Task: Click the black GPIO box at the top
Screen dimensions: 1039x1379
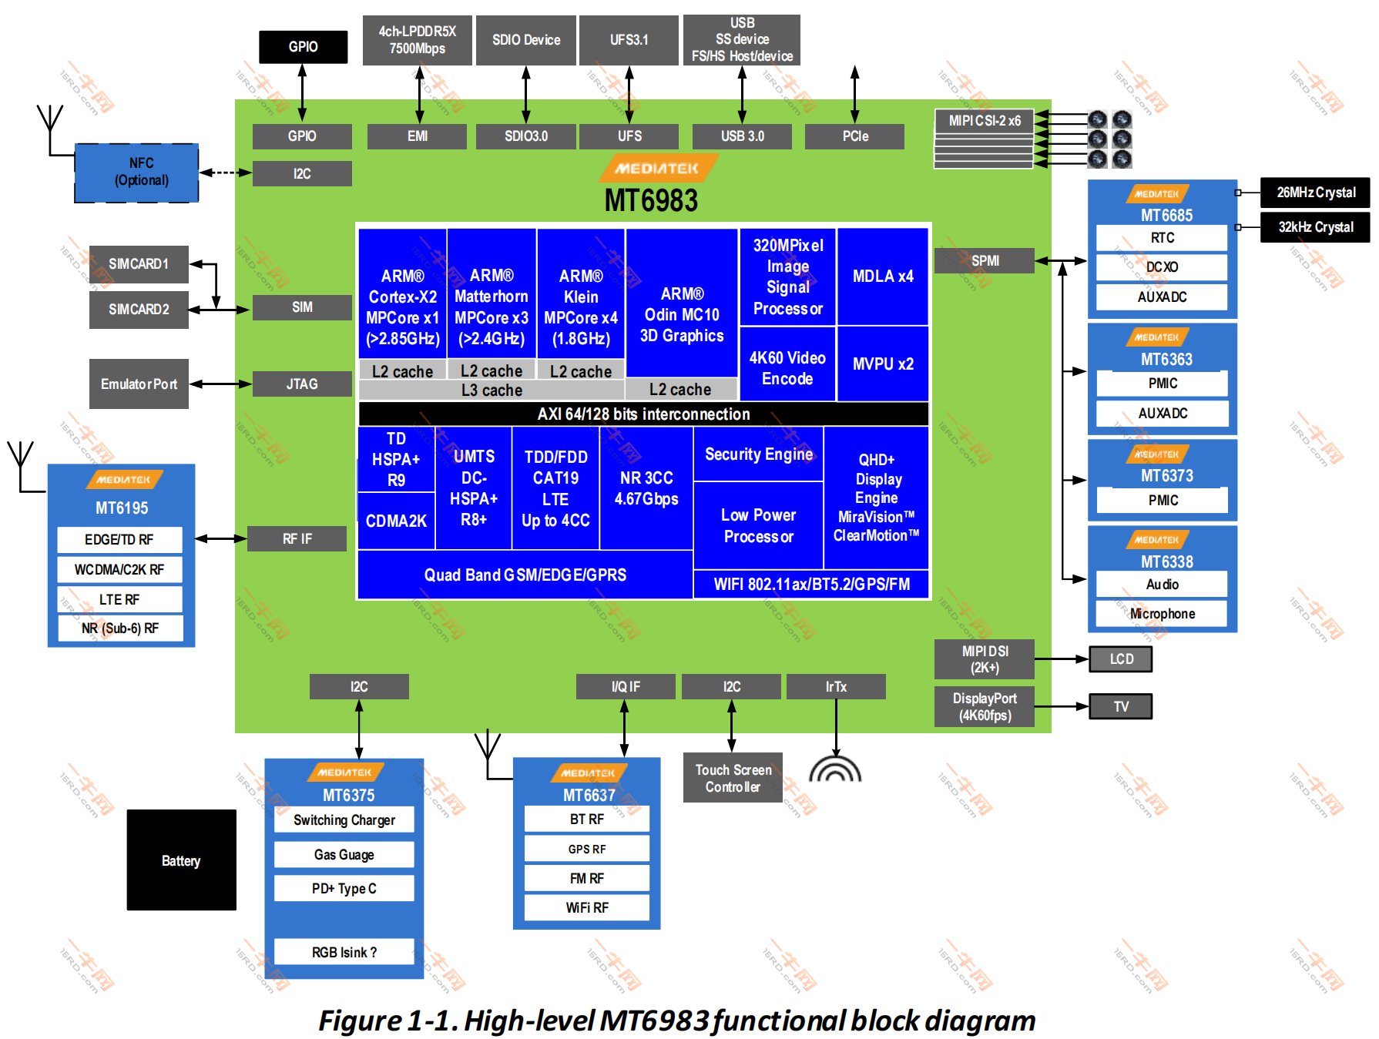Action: pos(303,47)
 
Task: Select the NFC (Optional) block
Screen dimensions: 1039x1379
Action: pos(137,173)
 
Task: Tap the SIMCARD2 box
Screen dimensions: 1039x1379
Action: pos(139,310)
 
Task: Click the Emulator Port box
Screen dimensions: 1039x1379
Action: pos(139,384)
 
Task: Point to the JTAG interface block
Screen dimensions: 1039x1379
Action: pos(302,384)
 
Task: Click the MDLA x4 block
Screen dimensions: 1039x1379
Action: pos(883,277)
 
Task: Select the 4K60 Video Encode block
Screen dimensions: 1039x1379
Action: pos(787,367)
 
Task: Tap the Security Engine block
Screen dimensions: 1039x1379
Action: pos(759,454)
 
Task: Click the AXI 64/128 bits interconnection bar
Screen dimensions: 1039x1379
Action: pos(643,414)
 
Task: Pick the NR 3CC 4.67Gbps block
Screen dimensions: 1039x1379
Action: pos(646,488)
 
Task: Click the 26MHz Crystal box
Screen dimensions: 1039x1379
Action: pos(1315,193)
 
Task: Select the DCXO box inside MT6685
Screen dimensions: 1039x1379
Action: pos(1162,267)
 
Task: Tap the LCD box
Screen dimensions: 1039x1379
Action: pos(1121,659)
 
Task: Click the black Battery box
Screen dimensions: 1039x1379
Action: pos(181,860)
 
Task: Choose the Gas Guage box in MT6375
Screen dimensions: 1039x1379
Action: pos(344,855)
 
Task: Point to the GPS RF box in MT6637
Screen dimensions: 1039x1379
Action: pos(587,849)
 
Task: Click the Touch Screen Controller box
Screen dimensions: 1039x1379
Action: pos(733,778)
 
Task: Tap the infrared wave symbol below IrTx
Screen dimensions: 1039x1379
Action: pos(835,770)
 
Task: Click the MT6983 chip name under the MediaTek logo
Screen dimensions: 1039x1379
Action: pos(651,201)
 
